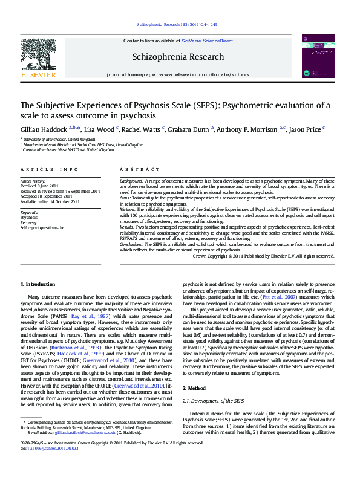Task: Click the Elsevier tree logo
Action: click(38, 57)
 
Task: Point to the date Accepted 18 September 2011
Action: click(47, 196)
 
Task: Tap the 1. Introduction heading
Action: click(38, 284)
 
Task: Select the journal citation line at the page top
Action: click(177, 25)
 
